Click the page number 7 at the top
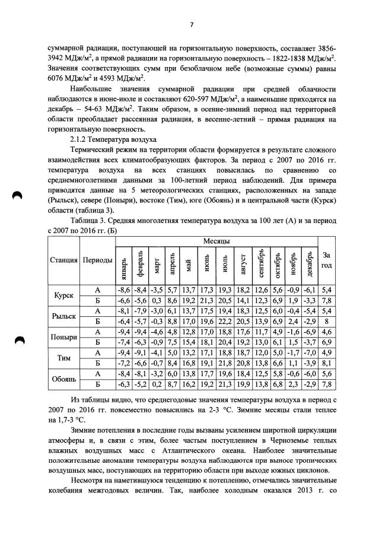coord(192,24)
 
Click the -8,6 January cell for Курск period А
coord(123,290)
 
